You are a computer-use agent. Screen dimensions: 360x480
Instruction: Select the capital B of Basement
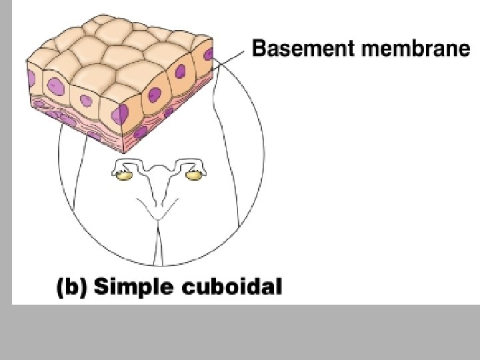click(259, 49)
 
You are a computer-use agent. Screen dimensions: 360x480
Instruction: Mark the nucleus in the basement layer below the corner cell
click(140, 132)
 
